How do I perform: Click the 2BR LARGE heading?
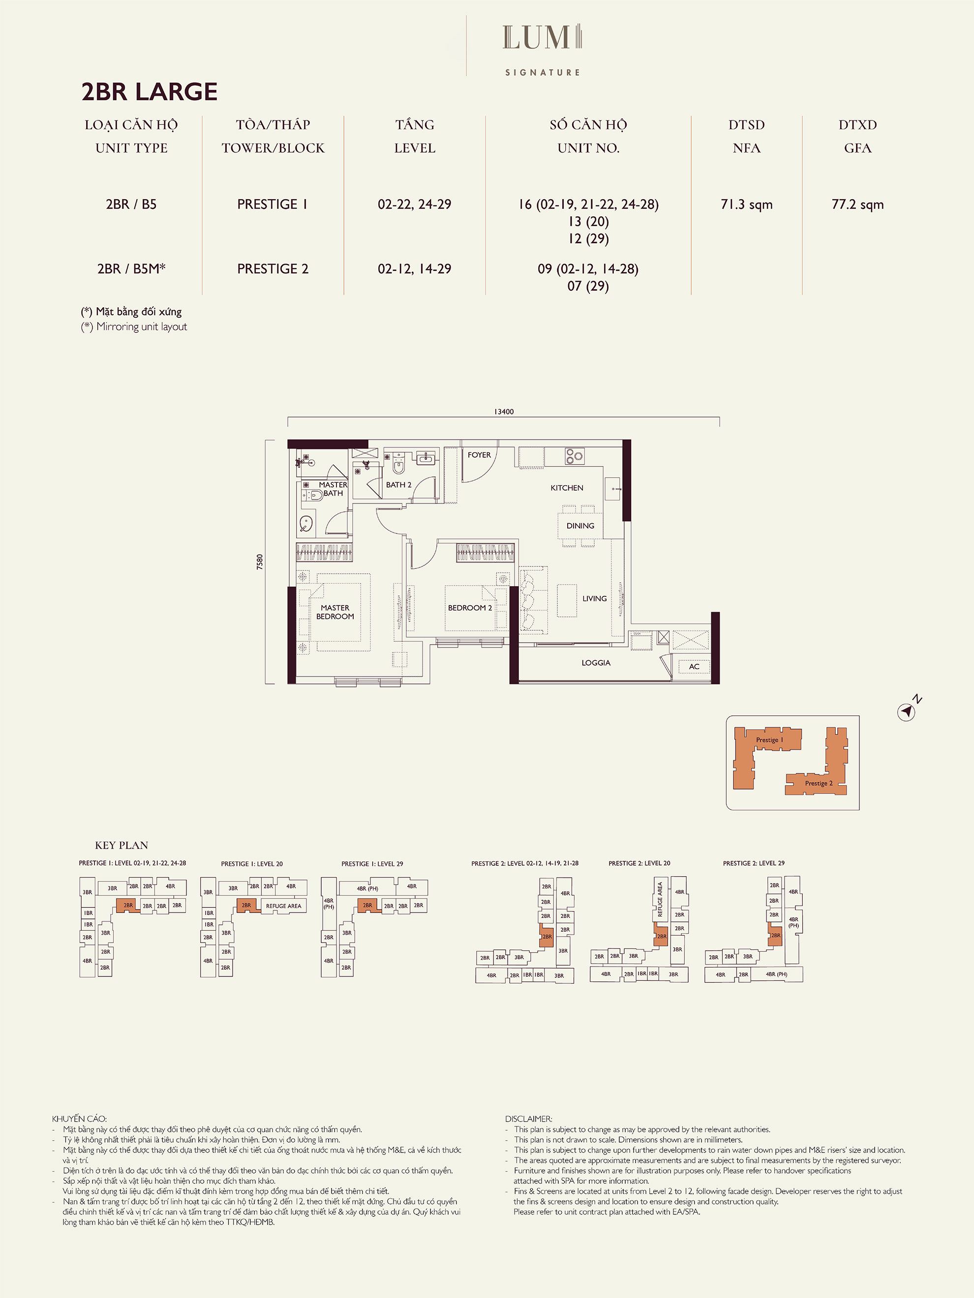(149, 91)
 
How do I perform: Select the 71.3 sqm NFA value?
(746, 204)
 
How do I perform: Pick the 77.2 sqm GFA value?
(857, 204)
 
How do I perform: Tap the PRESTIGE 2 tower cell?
(273, 269)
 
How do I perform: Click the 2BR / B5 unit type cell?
(131, 204)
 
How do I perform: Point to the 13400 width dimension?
(504, 412)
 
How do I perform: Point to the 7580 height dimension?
(260, 561)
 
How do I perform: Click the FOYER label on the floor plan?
(479, 455)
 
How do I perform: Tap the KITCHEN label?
(567, 488)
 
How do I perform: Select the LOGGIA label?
(596, 662)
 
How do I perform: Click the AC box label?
(694, 666)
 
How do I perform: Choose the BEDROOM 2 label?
(470, 608)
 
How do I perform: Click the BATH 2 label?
(398, 485)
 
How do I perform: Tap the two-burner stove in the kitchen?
(574, 456)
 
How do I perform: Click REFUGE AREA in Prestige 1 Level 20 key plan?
(283, 906)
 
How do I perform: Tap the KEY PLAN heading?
(122, 845)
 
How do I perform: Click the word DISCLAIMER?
(528, 1119)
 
